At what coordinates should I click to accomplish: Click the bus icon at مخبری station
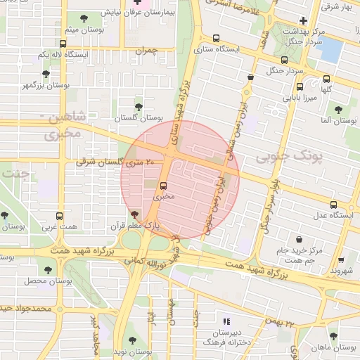pyautogui.click(x=164, y=186)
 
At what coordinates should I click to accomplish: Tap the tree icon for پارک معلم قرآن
pyautogui.click(x=134, y=214)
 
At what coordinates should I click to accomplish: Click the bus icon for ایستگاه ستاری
pyautogui.click(x=216, y=39)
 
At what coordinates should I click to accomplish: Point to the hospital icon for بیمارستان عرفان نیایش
pyautogui.click(x=137, y=2)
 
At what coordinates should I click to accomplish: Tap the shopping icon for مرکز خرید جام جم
pyautogui.click(x=300, y=239)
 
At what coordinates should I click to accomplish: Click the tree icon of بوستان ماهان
pyautogui.click(x=333, y=336)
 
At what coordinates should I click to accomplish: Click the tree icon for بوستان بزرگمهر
pyautogui.click(x=46, y=74)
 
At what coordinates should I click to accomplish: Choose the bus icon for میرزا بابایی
pyautogui.click(x=300, y=88)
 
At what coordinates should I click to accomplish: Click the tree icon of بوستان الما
pyautogui.click(x=338, y=110)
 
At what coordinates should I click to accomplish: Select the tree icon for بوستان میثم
pyautogui.click(x=84, y=19)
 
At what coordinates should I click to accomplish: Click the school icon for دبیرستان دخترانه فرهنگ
pyautogui.click(x=226, y=320)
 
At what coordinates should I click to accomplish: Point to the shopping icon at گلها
pyautogui.click(x=326, y=79)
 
